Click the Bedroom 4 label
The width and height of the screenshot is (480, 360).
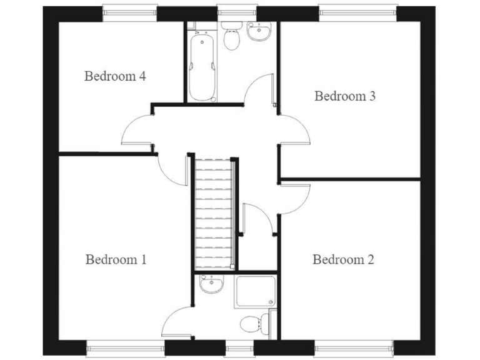116,77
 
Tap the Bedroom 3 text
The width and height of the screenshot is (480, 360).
345,96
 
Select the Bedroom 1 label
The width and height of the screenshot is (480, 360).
116,259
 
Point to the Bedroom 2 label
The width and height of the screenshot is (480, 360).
343,259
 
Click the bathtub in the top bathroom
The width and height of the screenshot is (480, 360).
202,67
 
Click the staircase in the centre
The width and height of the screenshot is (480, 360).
213,212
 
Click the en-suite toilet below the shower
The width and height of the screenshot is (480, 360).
256,324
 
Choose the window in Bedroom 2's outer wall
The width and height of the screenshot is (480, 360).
354,347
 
